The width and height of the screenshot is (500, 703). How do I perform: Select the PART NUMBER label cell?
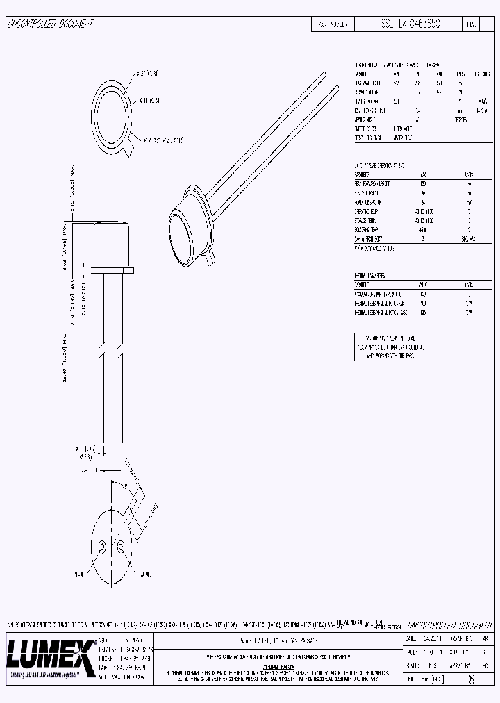333,24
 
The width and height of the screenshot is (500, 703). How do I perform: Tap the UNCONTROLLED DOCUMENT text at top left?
50,24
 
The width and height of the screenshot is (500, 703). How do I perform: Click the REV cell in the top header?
470,24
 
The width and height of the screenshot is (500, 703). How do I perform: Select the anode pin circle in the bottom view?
101,545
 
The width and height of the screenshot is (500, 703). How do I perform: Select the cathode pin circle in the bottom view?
121,545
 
